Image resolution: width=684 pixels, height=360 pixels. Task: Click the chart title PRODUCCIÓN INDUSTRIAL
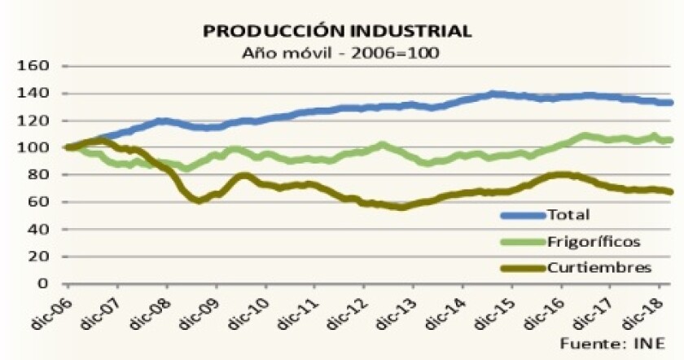coord(336,31)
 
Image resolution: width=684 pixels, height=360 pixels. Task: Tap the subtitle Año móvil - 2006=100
coord(337,52)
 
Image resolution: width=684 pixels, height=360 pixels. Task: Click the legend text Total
coord(569,216)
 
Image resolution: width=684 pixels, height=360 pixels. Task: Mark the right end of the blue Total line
coord(670,103)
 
